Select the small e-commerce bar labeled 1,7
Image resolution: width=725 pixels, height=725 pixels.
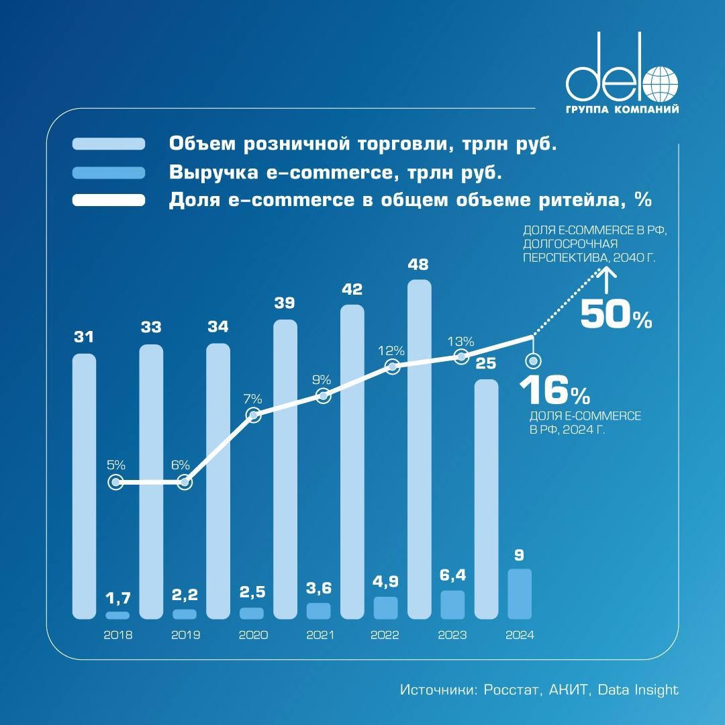pyautogui.click(x=117, y=615)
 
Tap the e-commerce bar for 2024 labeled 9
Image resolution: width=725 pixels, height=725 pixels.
pyautogui.click(x=520, y=594)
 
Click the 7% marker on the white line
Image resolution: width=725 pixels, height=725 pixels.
pyautogui.click(x=253, y=416)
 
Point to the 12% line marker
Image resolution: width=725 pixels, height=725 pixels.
pyautogui.click(x=393, y=367)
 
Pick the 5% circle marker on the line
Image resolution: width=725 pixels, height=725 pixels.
pyautogui.click(x=116, y=482)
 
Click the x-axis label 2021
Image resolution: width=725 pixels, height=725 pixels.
pyautogui.click(x=320, y=635)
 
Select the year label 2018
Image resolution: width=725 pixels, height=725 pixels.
pyautogui.click(x=118, y=635)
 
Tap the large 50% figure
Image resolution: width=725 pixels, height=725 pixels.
pyautogui.click(x=616, y=315)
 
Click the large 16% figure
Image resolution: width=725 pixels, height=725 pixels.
pyautogui.click(x=554, y=390)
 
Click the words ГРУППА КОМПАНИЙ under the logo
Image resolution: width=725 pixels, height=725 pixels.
pyautogui.click(x=621, y=109)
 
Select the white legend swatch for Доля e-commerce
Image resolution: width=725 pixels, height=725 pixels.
pyautogui.click(x=109, y=200)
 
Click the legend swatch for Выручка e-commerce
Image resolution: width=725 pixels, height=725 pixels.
pyautogui.click(x=109, y=173)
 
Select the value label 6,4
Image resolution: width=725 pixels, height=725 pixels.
pyautogui.click(x=452, y=575)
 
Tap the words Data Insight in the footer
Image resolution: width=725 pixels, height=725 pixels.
pyautogui.click(x=638, y=689)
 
